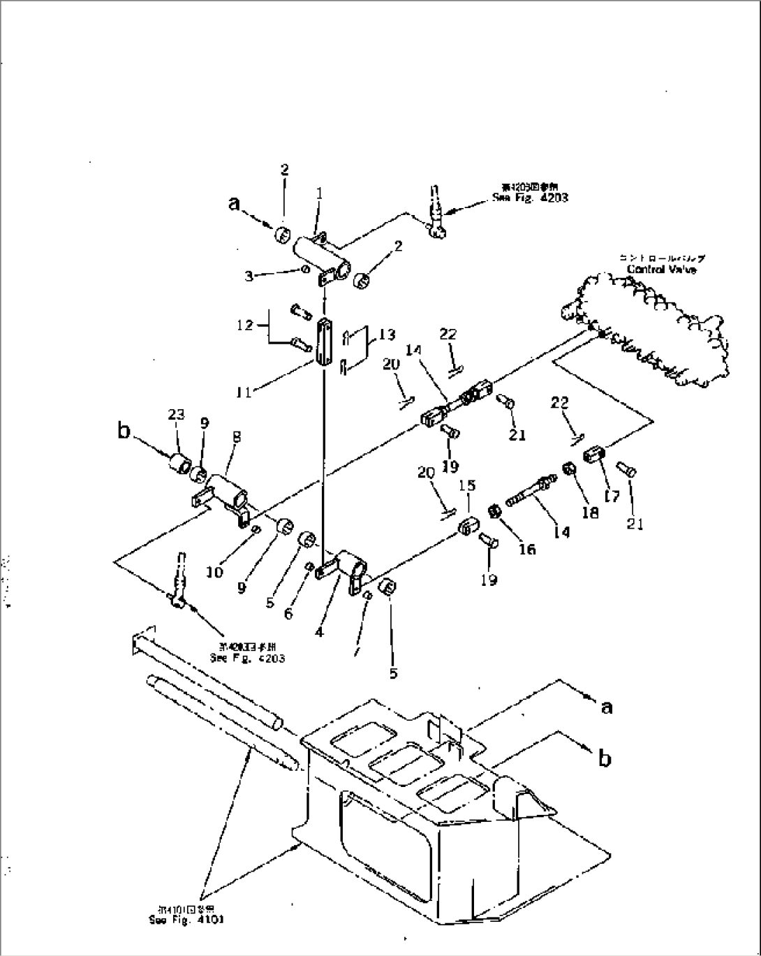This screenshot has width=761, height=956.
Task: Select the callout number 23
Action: click(x=176, y=415)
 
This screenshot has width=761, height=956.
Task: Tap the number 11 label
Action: click(x=243, y=392)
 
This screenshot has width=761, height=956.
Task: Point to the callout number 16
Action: click(x=527, y=549)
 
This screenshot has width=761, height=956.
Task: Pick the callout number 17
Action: click(x=613, y=496)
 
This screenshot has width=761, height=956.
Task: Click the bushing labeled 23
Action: click(x=181, y=464)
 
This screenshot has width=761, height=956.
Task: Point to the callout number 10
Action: click(x=215, y=572)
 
